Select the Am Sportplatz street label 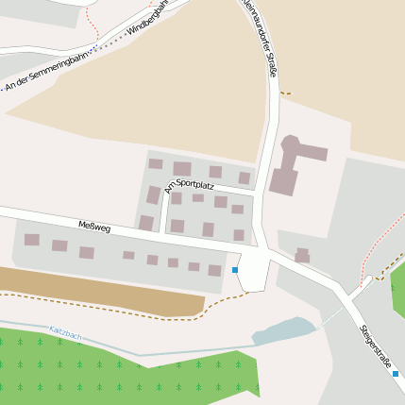tap(189, 183)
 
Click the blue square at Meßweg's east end tap(235, 270)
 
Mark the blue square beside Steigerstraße tap(396, 374)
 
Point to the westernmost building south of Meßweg tap(32, 240)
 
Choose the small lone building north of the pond tap(302, 255)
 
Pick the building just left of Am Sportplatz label tap(154, 195)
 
